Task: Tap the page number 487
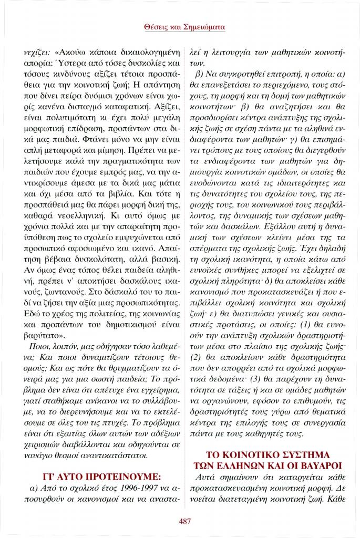[184, 521]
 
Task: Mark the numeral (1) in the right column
[292, 324]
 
